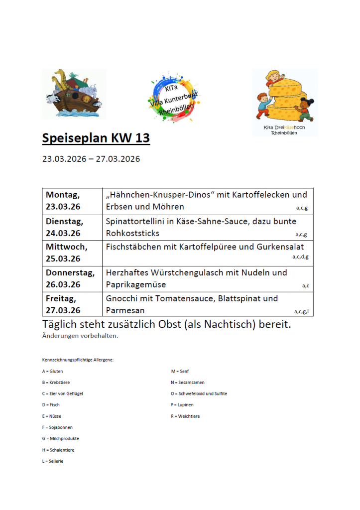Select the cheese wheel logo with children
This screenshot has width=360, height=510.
285,102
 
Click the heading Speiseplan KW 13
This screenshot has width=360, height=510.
96,137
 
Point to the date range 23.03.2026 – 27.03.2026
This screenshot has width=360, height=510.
91,159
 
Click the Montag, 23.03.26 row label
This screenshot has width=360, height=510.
63,200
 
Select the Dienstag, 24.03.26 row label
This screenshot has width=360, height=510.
65,227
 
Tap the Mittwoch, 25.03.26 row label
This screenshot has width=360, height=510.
66,253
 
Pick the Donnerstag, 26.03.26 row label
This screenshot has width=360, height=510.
70,278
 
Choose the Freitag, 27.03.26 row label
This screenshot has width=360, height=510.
63,304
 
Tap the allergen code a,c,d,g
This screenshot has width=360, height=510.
300,257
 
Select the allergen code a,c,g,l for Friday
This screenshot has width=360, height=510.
302,311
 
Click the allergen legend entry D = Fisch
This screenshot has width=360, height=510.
51,405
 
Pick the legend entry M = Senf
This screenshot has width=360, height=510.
180,371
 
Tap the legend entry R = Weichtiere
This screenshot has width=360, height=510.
185,416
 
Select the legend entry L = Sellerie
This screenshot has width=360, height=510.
53,461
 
